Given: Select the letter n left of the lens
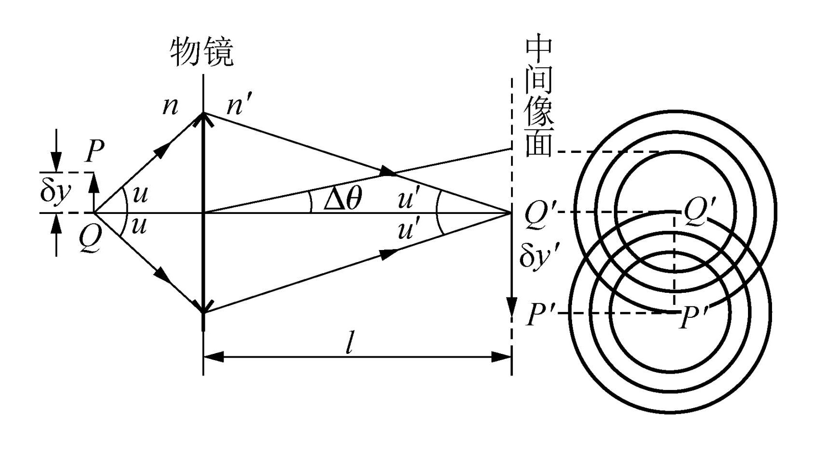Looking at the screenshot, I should [170, 106].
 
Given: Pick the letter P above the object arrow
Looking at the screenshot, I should [95, 151].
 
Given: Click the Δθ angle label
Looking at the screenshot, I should [342, 199].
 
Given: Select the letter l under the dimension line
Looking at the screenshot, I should [350, 343].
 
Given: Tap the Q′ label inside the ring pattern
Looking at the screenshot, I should [699, 211].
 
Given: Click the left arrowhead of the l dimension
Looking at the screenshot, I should [213, 357].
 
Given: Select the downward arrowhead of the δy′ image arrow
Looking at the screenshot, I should [511, 307].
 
